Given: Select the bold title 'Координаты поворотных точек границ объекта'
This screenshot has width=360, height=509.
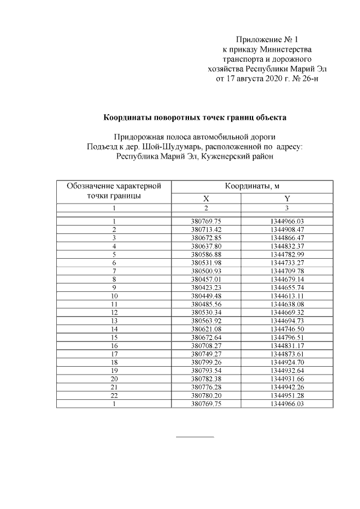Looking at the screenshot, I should point(195,118).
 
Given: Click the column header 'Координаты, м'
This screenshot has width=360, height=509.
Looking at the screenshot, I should point(253,186).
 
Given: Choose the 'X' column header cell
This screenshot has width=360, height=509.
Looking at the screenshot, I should point(206,199).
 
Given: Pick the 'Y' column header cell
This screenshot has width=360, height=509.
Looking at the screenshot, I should point(287,199).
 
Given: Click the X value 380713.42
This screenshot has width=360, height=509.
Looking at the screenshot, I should point(206,229).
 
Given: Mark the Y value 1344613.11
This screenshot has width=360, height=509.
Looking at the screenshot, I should point(287,295).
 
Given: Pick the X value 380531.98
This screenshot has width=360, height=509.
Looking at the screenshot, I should point(206,262).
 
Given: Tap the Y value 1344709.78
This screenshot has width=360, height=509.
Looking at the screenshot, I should point(287,271).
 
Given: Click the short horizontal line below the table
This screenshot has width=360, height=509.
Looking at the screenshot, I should point(195,436).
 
